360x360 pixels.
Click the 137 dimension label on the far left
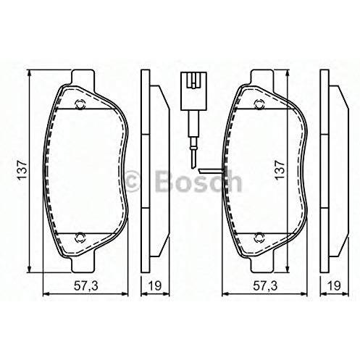coord(22,169)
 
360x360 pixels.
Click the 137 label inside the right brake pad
coord(280,169)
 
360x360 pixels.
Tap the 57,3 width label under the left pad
coord(86,286)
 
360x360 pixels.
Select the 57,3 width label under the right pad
coord(265,286)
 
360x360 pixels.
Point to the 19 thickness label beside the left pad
coord(154,286)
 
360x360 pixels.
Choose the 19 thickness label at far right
coord(334,286)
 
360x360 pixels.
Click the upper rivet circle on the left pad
coord(80,104)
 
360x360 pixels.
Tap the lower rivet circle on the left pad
coord(80,238)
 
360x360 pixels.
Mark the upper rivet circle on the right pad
coord(259,104)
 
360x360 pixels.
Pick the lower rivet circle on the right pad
coord(259,238)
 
